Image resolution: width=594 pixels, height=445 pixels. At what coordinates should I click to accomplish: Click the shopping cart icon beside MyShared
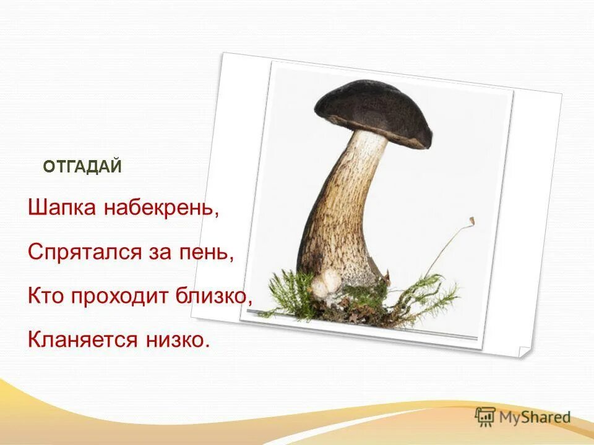pyautogui.click(x=486, y=416)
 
